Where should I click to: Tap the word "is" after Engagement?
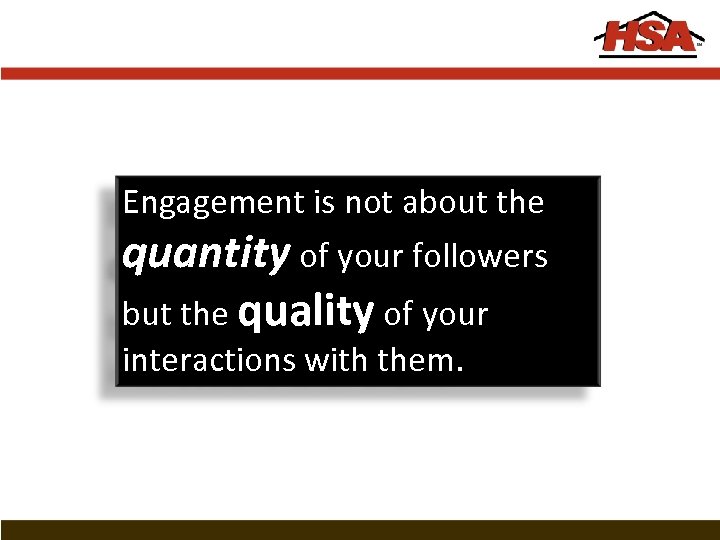(325, 203)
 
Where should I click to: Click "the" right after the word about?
(520, 203)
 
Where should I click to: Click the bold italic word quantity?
(205, 256)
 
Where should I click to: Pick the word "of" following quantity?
(314, 257)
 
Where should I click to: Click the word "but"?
(147, 314)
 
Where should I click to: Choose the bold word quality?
(306, 312)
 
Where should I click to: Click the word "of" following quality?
(398, 314)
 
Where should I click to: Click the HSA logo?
(649, 37)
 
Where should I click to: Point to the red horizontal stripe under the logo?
(360, 74)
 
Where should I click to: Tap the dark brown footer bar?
(360, 530)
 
